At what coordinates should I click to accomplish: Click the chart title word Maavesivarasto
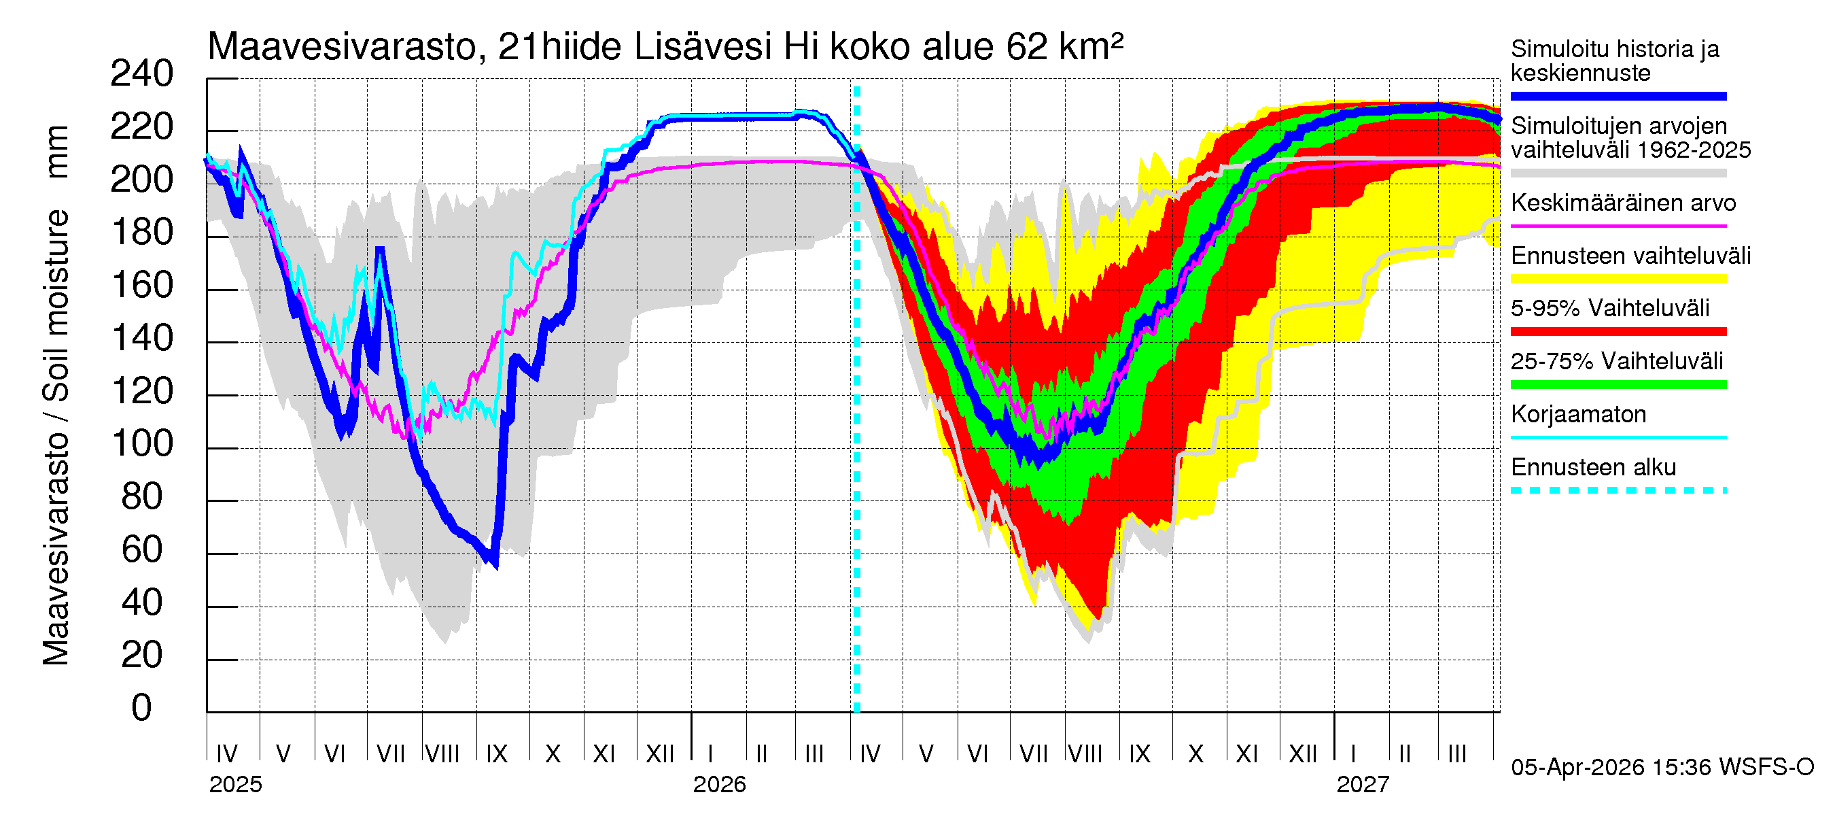pos(342,47)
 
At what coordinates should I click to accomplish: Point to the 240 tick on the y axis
pos(142,74)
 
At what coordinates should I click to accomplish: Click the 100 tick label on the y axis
pos(142,444)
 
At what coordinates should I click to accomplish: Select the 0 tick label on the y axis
pos(142,709)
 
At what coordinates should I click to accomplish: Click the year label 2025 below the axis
pos(236,785)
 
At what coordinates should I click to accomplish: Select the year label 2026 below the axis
pos(720,785)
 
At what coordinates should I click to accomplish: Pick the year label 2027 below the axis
pos(1363,785)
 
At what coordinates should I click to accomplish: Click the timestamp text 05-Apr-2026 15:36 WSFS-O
pos(1662,768)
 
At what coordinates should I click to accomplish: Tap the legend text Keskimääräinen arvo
pos(1623,203)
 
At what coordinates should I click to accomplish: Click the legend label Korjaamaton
pos(1578,415)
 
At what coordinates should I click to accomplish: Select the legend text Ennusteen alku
pos(1593,468)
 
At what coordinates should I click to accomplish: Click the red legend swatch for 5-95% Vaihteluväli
pos(1618,331)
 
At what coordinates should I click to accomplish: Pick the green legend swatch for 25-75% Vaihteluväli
pos(1618,385)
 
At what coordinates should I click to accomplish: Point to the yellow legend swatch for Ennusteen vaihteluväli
pos(1618,279)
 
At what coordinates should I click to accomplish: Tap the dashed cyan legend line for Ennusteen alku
pos(1618,490)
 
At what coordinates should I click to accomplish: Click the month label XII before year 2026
pos(660,753)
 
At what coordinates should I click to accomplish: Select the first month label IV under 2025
pos(226,753)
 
